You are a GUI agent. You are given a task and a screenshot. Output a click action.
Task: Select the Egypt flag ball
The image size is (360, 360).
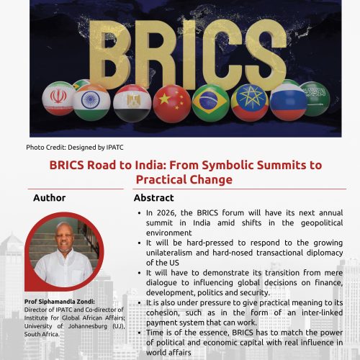click(x=132, y=102)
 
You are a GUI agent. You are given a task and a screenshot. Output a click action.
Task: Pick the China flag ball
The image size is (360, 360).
click(x=173, y=102)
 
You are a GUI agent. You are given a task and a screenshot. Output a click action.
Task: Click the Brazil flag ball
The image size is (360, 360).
click(x=212, y=102)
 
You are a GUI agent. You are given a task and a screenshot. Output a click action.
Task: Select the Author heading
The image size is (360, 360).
click(x=49, y=198)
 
